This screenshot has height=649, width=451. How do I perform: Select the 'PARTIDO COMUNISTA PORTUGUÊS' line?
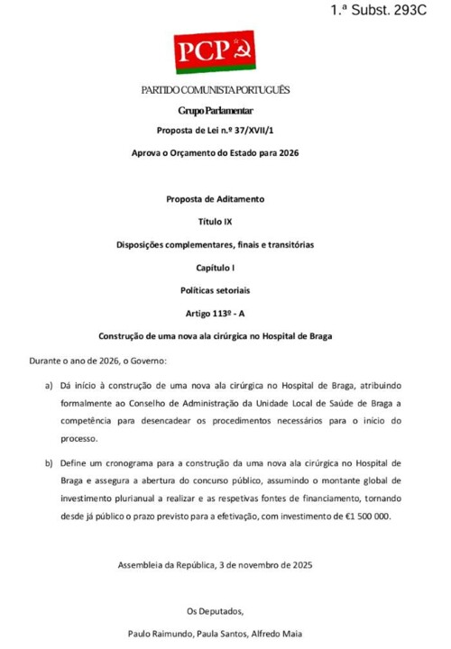click(x=215, y=90)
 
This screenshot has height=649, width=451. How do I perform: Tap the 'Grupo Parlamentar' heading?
click(x=215, y=110)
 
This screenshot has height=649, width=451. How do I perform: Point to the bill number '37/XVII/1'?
click(x=253, y=131)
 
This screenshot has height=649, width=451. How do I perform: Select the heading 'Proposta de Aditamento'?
click(x=215, y=198)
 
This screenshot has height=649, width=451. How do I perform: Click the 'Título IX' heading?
click(x=215, y=221)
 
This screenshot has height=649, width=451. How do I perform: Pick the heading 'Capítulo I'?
click(x=215, y=269)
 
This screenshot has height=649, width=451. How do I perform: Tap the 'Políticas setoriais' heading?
click(x=215, y=291)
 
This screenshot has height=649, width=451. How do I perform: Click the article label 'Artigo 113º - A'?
click(x=215, y=314)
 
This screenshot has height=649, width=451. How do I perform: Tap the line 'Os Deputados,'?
click(x=215, y=611)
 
